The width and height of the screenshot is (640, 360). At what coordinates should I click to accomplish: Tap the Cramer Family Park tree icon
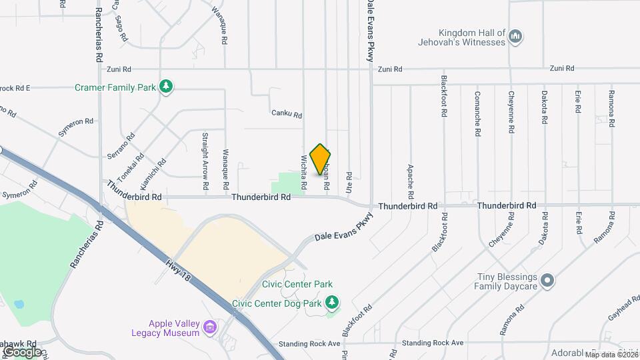coord(165,87)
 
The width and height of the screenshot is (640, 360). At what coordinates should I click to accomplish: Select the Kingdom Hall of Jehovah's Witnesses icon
coord(515,37)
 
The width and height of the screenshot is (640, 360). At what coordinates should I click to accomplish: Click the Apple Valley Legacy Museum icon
coord(210,327)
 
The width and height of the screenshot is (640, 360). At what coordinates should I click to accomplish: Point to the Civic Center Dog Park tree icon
coord(331,303)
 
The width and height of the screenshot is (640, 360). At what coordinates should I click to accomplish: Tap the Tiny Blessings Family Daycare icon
coord(547,281)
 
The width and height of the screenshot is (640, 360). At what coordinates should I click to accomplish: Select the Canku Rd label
coord(287,115)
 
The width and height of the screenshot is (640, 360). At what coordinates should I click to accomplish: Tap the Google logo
coord(22,351)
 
